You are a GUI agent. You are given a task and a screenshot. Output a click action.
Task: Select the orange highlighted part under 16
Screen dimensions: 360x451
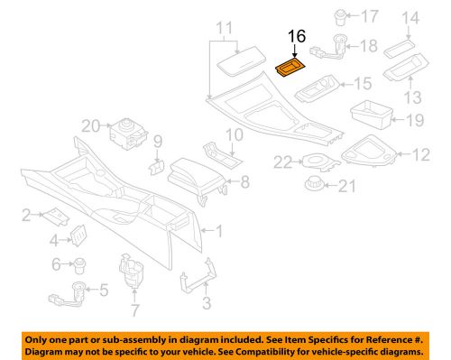pyautogui.click(x=290, y=69)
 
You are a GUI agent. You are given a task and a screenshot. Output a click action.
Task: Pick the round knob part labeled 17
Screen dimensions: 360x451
pyautogui.click(x=344, y=15)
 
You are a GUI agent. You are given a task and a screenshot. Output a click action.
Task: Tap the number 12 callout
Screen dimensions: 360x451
pyautogui.click(x=421, y=156)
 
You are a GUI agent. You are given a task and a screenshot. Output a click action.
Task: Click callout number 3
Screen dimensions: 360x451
pyautogui.click(x=207, y=302)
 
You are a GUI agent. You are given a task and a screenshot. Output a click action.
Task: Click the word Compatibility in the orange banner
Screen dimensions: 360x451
pyautogui.click(x=299, y=350)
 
